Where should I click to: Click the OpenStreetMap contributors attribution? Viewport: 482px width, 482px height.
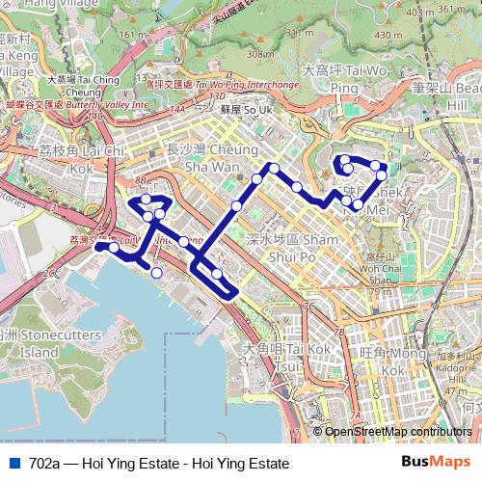click(x=398, y=432)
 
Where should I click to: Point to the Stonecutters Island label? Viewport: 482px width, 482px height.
click(x=27, y=344)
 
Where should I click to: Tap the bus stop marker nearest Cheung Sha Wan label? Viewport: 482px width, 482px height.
click(x=257, y=178)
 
